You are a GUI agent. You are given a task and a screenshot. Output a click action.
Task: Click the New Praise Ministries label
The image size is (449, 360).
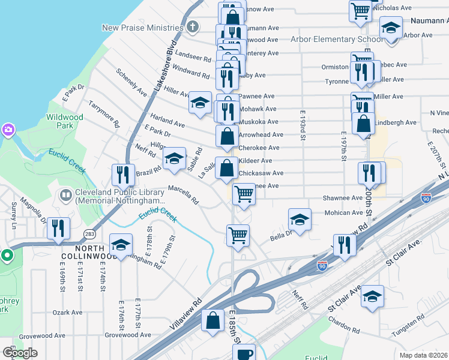coord(142,28)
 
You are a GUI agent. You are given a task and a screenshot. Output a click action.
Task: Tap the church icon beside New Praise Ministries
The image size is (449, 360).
coord(192,27)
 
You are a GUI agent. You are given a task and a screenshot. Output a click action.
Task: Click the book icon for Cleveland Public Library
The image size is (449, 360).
coord(65,196)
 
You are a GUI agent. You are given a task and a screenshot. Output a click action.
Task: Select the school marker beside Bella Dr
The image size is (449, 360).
coord(300,218)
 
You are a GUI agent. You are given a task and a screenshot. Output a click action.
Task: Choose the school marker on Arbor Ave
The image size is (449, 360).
coord(391,27)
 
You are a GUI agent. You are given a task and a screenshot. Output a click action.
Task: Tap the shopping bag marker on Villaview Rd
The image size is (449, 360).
coord(212,320)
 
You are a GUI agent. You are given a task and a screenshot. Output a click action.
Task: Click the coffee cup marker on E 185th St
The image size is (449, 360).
coord(244,353)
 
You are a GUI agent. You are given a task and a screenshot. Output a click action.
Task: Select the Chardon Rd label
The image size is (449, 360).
coord(343,329)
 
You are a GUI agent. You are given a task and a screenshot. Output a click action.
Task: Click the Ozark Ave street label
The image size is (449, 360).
coord(67,313)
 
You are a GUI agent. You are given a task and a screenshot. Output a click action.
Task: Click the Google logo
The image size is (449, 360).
coord(20,353)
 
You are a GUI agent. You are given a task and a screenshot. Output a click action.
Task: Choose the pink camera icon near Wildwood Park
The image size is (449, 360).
coord(7,130)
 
